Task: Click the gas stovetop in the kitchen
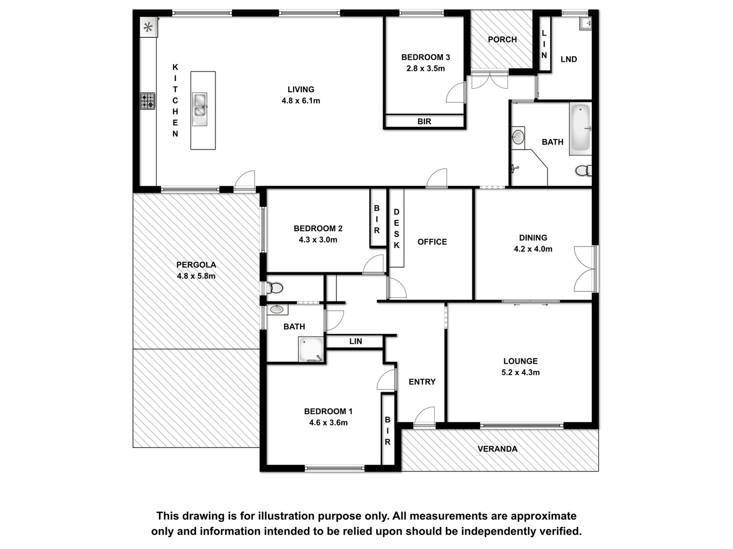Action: click(147, 101)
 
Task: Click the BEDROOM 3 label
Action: click(426, 57)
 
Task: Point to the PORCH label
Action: click(502, 39)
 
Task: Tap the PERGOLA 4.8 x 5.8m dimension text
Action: click(196, 276)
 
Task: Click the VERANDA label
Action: click(498, 449)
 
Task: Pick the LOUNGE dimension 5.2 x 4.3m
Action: click(520, 372)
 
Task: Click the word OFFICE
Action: click(432, 242)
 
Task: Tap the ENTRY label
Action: click(422, 382)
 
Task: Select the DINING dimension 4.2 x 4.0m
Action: click(533, 249)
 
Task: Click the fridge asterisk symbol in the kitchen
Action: click(148, 27)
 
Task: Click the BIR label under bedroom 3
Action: click(424, 121)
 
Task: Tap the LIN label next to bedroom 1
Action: click(356, 341)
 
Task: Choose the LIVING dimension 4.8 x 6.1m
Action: click(301, 101)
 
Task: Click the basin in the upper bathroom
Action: click(518, 136)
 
